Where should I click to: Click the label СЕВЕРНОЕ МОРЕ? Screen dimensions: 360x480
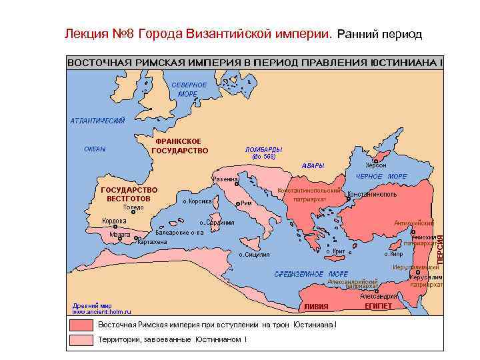point(189,89)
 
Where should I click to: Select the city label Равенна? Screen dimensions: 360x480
point(224,179)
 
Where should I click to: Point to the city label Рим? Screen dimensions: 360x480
point(245,203)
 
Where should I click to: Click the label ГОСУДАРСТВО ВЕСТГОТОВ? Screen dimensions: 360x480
point(129,194)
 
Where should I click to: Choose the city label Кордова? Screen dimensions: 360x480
point(114,221)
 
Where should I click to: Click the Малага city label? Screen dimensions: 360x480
point(119,235)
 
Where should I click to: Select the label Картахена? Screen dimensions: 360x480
point(151,242)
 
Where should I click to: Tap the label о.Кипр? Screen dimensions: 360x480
point(393,254)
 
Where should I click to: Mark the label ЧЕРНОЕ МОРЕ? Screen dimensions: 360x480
point(381,177)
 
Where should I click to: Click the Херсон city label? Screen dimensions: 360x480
point(375,165)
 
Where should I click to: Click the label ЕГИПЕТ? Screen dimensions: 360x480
point(378,306)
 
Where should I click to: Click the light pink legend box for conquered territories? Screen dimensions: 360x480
point(79,340)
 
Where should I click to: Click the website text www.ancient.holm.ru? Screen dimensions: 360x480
point(101,311)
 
